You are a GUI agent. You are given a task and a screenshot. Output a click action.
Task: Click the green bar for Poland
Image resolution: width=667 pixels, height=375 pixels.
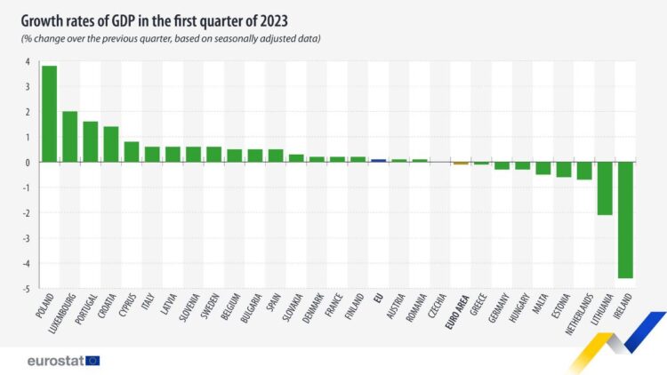(x=49, y=115)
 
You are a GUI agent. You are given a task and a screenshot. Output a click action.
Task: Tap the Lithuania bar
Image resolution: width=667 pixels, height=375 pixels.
(x=605, y=188)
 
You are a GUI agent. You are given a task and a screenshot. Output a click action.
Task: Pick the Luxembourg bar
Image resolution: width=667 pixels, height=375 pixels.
(x=69, y=137)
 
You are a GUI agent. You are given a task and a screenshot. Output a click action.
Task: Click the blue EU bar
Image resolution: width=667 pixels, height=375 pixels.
(x=378, y=161)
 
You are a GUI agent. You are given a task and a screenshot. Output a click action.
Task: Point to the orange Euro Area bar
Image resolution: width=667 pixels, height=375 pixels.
(x=460, y=164)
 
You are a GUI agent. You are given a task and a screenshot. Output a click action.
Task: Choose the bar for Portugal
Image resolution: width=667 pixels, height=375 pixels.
(x=90, y=142)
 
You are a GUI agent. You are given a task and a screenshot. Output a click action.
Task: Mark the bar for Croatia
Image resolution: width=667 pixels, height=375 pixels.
(x=110, y=145)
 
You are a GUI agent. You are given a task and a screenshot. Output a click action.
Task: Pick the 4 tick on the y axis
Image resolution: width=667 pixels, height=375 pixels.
(x=28, y=62)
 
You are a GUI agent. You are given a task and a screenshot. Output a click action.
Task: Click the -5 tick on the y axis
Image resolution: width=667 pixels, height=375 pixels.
(x=27, y=290)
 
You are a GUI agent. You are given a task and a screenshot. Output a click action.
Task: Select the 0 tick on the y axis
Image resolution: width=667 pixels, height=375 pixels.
(x=28, y=163)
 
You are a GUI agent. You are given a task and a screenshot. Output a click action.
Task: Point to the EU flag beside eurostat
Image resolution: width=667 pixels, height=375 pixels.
(x=92, y=360)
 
